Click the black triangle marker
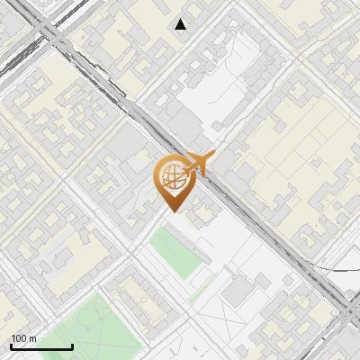[x=181, y=24]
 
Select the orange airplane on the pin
[x=200, y=163]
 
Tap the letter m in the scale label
[x=32, y=338]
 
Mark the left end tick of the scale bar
[x=11, y=346]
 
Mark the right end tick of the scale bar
[x=72, y=346]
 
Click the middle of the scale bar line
[x=41, y=347]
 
